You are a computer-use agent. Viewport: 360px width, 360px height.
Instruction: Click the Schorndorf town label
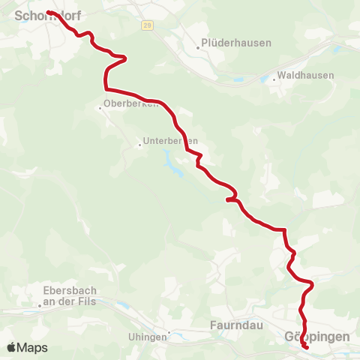click(46, 13)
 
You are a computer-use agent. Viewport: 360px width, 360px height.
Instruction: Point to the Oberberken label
click(132, 103)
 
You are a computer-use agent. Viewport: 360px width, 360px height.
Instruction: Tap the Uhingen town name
click(152, 337)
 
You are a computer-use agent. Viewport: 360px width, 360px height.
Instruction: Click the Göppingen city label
click(317, 337)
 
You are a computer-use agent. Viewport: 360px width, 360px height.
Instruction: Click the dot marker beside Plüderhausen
click(198, 47)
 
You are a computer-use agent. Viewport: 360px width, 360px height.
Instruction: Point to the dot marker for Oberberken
click(100, 108)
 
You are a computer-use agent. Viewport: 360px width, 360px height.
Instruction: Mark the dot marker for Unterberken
click(139, 145)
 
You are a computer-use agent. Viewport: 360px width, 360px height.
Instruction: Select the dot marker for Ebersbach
click(40, 305)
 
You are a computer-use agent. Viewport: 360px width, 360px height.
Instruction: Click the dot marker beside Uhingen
click(169, 332)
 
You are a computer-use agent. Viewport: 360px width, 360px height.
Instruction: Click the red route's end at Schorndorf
click(49, 13)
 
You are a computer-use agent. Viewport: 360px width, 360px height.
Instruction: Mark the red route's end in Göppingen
click(307, 347)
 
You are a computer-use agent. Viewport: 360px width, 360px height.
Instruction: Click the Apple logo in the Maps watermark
click(11, 347)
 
